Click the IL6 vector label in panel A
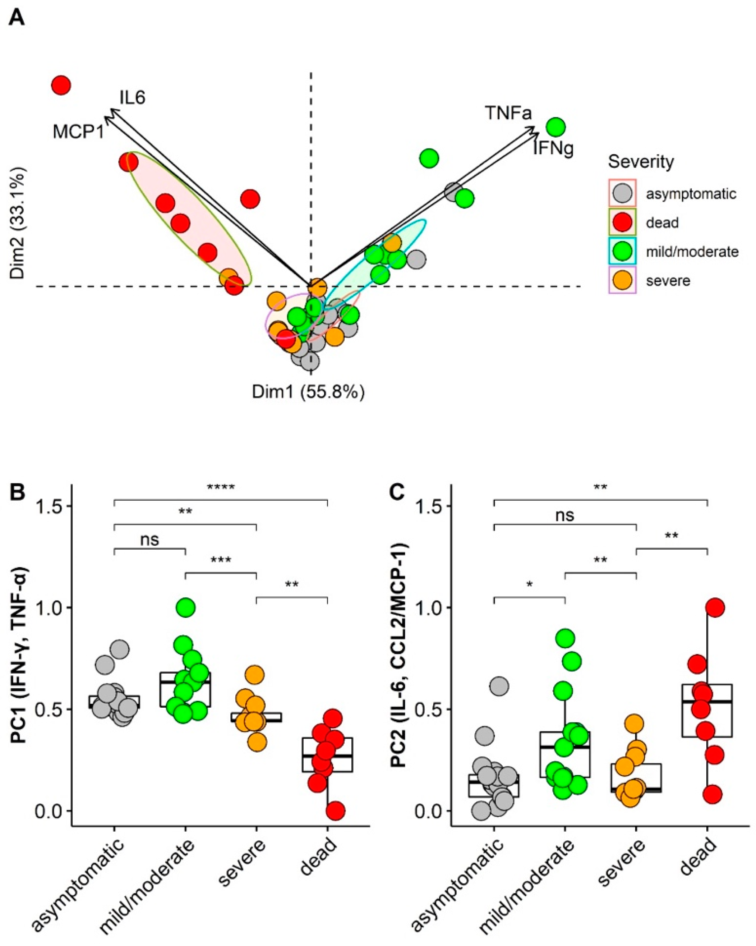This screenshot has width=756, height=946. click(133, 98)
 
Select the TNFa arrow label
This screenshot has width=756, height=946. click(508, 113)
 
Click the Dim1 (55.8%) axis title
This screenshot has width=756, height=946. click(308, 392)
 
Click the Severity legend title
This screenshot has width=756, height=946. click(641, 162)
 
